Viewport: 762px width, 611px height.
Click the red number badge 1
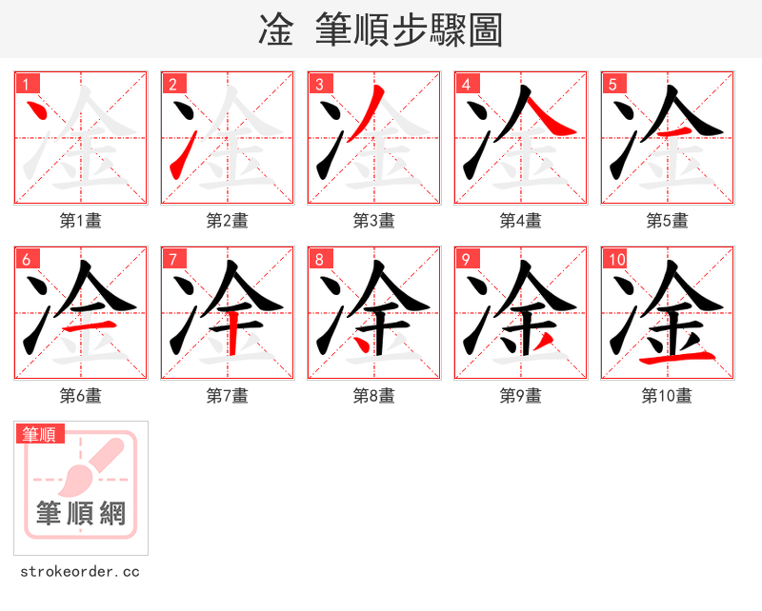[x=27, y=84]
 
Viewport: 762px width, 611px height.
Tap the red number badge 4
[x=467, y=84]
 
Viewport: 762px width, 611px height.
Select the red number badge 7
[x=173, y=259]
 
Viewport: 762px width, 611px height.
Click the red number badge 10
[x=615, y=259]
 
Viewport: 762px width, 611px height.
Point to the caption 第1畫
[x=81, y=221]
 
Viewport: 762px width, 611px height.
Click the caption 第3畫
[x=374, y=221]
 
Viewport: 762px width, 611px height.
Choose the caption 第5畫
[x=668, y=221]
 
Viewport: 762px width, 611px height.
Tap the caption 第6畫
[x=81, y=396]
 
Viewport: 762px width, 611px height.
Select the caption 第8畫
[x=374, y=396]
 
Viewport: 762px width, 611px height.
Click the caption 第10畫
[x=668, y=396]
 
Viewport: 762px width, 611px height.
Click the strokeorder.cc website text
[x=80, y=572]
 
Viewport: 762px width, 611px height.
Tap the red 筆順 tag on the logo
[x=41, y=434]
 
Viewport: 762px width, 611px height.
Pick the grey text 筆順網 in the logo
[x=81, y=514]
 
